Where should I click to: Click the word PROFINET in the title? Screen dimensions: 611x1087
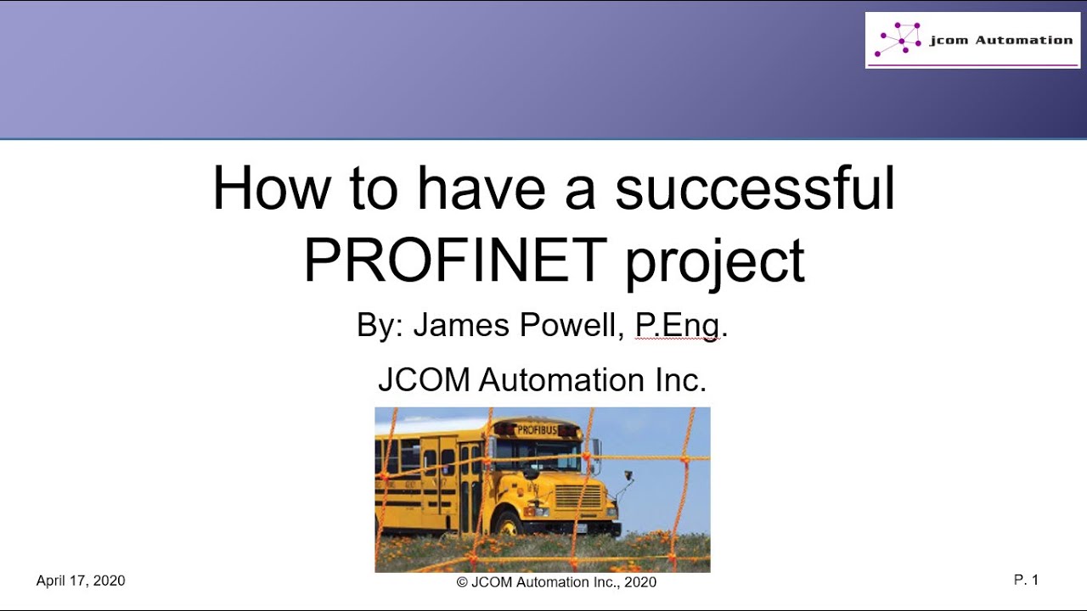[x=455, y=261]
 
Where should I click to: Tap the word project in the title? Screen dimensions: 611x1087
[x=714, y=262]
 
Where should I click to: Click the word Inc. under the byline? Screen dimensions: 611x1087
[x=679, y=379]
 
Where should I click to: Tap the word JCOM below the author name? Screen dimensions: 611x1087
[x=424, y=379]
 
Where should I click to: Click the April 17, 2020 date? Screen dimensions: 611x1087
[x=81, y=580]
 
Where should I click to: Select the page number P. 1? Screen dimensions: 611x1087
[x=1026, y=580]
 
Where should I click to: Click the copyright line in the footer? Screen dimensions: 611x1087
[x=556, y=582]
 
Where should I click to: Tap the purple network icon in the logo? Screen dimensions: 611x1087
[x=898, y=40]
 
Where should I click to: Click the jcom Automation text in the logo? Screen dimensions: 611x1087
[x=1000, y=40]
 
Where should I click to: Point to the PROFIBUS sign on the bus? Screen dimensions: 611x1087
[x=536, y=430]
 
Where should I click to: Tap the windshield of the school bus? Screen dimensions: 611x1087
[x=543, y=453]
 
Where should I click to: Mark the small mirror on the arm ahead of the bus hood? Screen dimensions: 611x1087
[x=628, y=475]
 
